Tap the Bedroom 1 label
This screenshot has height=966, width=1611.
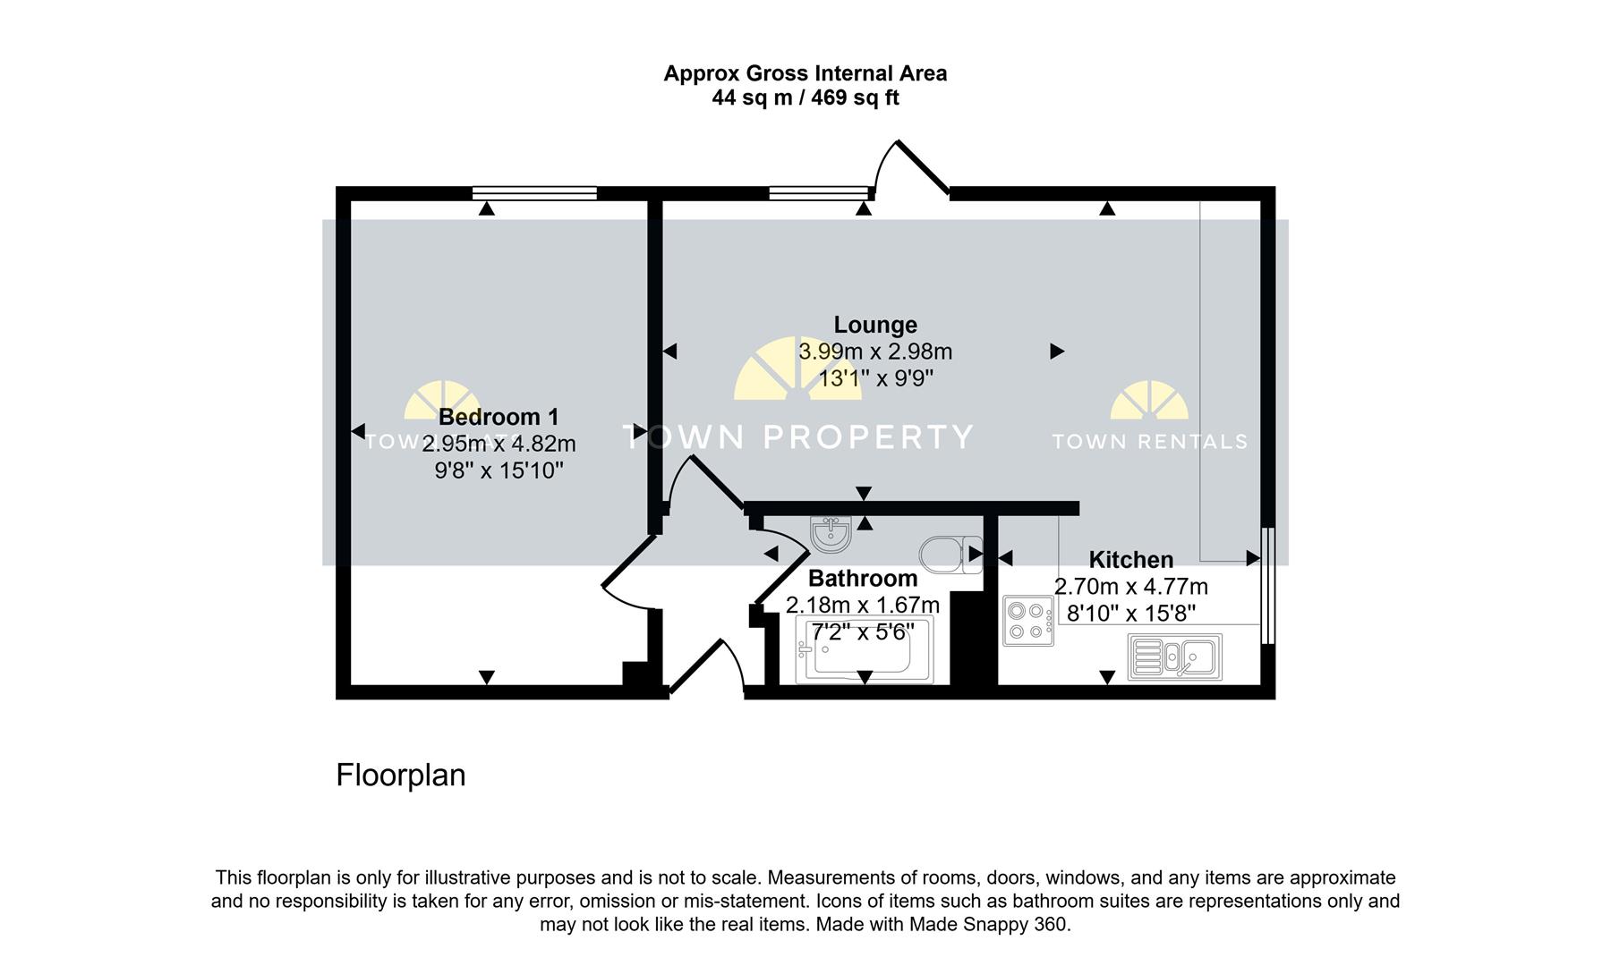pos(499,417)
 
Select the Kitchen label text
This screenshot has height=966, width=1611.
pos(1130,560)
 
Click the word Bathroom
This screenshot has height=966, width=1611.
pos(863,579)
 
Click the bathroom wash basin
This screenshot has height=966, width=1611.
pos(831,535)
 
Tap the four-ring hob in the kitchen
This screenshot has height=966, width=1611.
pos(1027,621)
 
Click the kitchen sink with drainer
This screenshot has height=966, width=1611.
pos(1174,657)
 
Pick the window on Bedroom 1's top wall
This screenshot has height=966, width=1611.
pos(534,192)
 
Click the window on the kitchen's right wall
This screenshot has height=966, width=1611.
pos(1267,585)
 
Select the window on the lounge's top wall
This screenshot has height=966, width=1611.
pos(819,192)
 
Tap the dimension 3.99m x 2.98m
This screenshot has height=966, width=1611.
pos(874,352)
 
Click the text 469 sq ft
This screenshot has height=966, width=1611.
pos(855,98)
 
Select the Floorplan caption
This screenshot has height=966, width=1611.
pos(400,775)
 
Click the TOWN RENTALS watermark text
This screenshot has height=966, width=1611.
pos(1149,441)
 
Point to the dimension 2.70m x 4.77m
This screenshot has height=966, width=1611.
pos(1130,588)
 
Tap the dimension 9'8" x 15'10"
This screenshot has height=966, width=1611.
pos(499,470)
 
